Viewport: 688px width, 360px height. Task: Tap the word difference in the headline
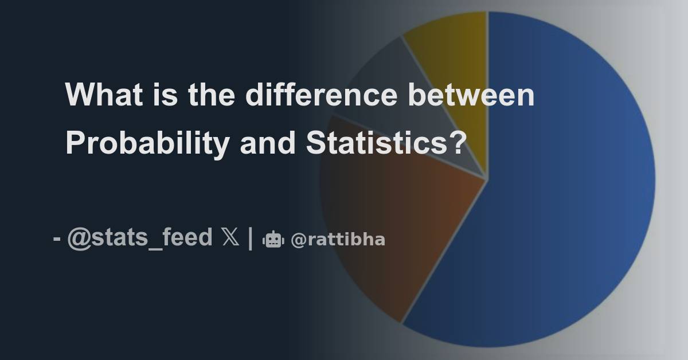[321, 95]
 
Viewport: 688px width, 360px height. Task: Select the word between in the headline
[471, 95]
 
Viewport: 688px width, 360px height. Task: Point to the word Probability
[147, 143]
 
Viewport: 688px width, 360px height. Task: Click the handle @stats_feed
[139, 238]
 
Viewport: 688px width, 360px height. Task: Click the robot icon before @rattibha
[273, 240]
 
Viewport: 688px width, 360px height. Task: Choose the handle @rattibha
[338, 240]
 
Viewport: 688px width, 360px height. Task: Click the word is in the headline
[166, 95]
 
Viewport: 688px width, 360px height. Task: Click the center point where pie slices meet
[487, 179]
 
